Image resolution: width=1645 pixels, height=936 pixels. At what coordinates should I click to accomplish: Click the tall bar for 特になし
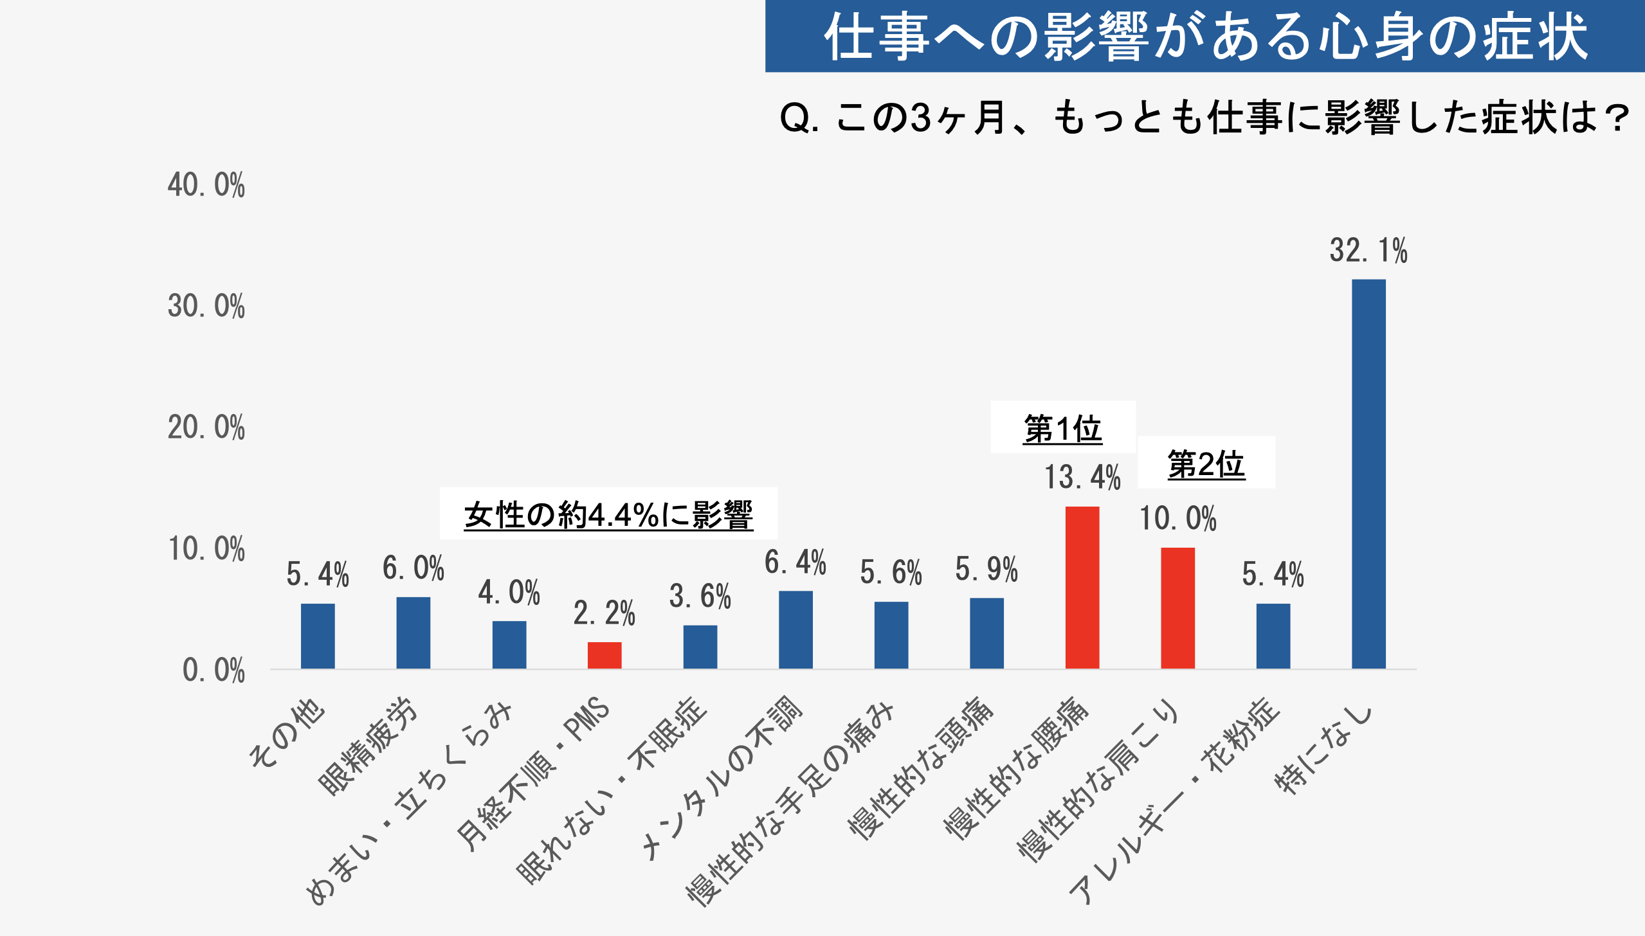pos(1368,474)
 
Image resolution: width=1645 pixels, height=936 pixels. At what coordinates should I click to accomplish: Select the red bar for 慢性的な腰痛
pos(1082,588)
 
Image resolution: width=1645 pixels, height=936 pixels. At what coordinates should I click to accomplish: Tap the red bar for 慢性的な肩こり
pos(1177,608)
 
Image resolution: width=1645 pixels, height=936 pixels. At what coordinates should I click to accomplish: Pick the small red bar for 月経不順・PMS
pos(604,655)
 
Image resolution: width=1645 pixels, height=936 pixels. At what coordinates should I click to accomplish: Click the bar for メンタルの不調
pos(795,630)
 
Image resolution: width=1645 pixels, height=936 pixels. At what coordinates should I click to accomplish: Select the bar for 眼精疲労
pos(413,633)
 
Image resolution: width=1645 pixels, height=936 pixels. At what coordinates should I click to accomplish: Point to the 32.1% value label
pos(1368,251)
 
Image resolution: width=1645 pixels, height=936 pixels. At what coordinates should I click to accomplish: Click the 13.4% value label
pos(1082,478)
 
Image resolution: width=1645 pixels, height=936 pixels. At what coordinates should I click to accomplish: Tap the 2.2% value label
pos(604,613)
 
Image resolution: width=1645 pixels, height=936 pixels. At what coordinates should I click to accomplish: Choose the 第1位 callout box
pos(1062,428)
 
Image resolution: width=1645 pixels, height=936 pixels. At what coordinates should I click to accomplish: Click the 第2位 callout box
pos(1206,463)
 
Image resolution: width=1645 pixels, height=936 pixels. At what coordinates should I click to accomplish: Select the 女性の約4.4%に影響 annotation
pos(608,514)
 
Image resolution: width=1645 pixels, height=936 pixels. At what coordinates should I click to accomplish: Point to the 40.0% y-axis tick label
pos(206,185)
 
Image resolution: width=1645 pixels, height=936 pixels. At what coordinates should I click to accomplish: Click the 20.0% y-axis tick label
pos(206,428)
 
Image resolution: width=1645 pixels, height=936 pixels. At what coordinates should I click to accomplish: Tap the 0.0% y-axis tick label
pos(214,670)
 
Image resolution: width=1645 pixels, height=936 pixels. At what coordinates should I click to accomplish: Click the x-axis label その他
pos(288,733)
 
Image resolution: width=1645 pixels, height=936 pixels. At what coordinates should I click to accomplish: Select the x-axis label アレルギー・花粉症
pos(1174,800)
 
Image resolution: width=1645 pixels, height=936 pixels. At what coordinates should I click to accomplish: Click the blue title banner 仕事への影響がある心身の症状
pos(1204,36)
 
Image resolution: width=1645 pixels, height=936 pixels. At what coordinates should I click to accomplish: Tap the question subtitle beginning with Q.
pos(1204,118)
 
